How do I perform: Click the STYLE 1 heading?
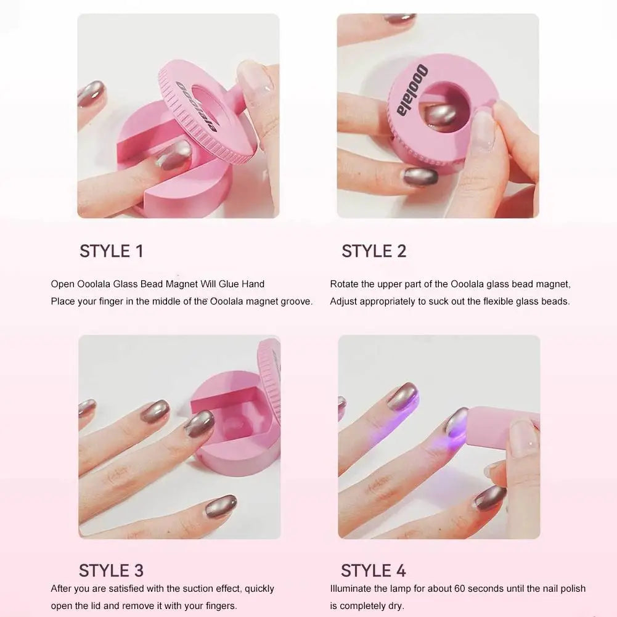point(112,251)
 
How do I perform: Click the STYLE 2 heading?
point(374,251)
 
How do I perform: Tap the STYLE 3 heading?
point(112,571)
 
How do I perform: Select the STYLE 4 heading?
point(374,571)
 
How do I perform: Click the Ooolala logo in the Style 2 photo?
point(412,90)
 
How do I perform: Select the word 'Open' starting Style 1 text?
point(63,285)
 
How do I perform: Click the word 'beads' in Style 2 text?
point(556,301)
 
